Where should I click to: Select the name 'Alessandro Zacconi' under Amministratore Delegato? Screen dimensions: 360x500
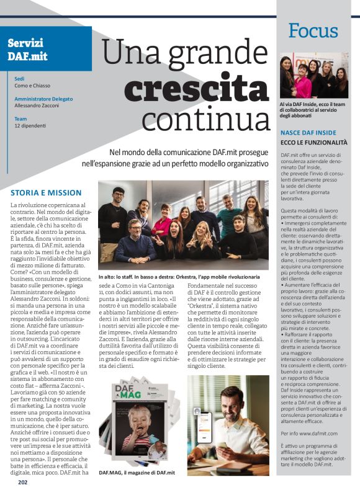[x=39, y=106]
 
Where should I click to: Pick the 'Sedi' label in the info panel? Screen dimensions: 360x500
[x=19, y=79]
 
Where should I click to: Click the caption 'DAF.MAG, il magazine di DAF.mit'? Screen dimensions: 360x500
[x=137, y=473]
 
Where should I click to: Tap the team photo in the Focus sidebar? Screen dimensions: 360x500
[x=313, y=77]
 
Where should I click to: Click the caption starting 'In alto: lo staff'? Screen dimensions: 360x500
[x=179, y=277]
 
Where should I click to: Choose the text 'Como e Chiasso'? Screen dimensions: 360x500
[x=32, y=86]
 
